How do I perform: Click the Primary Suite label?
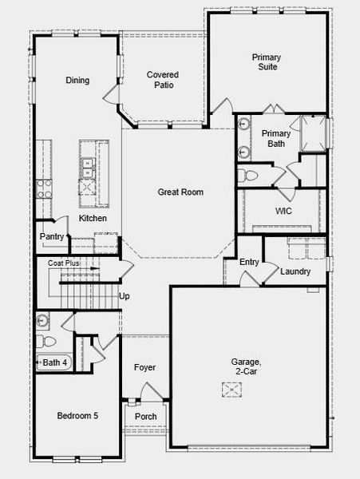pos(267,62)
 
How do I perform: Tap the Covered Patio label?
pos(162,80)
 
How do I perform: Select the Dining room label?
pos(77,80)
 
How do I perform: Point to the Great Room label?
pos(180,192)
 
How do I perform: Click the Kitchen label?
pos(93,218)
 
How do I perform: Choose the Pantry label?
pos(52,236)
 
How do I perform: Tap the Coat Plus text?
pos(64,263)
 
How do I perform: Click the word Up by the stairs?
pos(125,296)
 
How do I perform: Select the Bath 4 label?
pos(55,362)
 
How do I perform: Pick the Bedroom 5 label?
pos(77,416)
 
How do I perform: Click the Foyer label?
pos(144,367)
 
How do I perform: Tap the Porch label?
pos(145,417)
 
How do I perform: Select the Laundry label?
pos(295,271)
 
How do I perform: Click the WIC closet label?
pos(283,212)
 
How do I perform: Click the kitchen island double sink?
pos(87,168)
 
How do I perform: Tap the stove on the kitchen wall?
pos(43,188)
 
